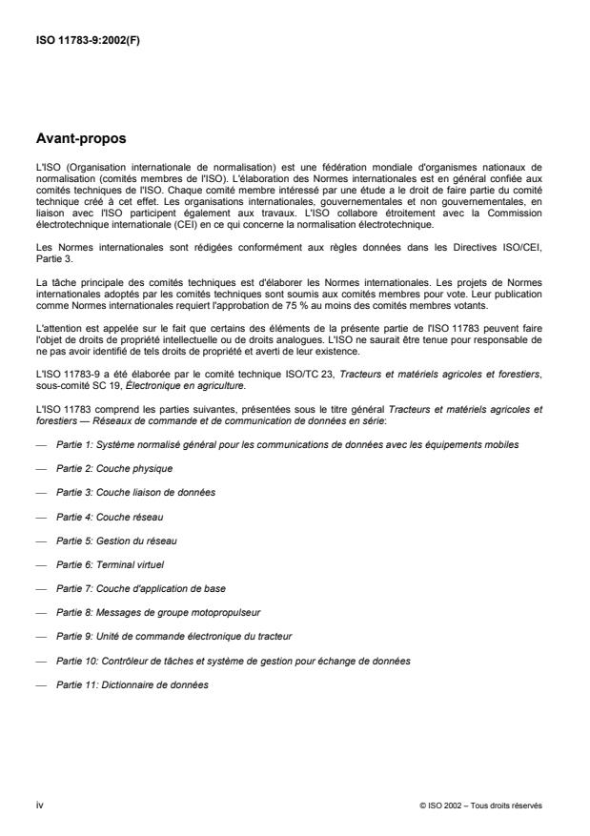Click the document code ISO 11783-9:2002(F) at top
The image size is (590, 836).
click(90, 40)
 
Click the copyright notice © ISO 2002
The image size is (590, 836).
click(480, 805)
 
